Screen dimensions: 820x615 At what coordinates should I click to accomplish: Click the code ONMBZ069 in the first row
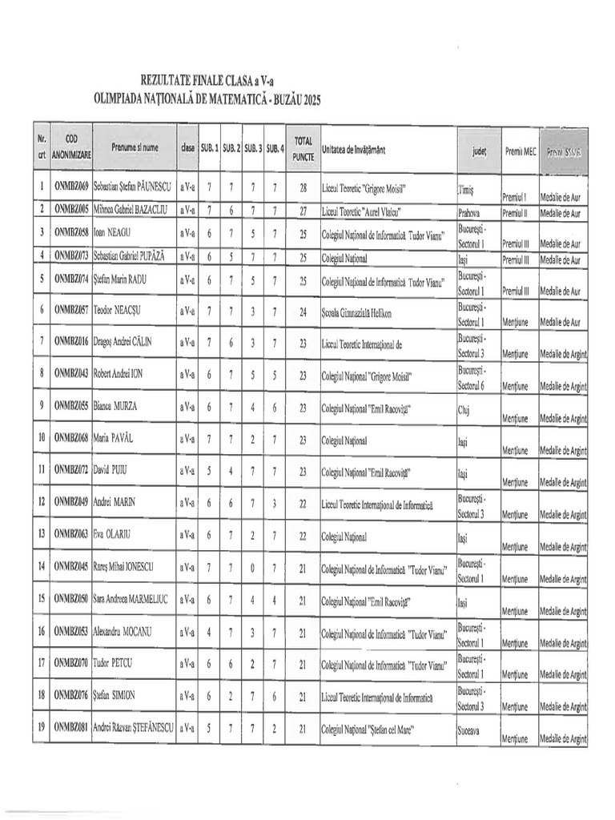(70, 189)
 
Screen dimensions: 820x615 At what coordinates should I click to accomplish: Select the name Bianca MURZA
(115, 407)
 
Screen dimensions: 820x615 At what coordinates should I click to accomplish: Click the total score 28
(303, 189)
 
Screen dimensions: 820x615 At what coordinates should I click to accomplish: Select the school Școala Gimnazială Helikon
(356, 311)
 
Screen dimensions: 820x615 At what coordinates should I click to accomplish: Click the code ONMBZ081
(70, 728)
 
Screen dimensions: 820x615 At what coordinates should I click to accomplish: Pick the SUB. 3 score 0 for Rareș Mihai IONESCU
(252, 568)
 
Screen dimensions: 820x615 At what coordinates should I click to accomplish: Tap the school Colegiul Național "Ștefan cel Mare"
(371, 729)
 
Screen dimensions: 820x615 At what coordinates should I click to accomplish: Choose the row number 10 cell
(40, 439)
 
